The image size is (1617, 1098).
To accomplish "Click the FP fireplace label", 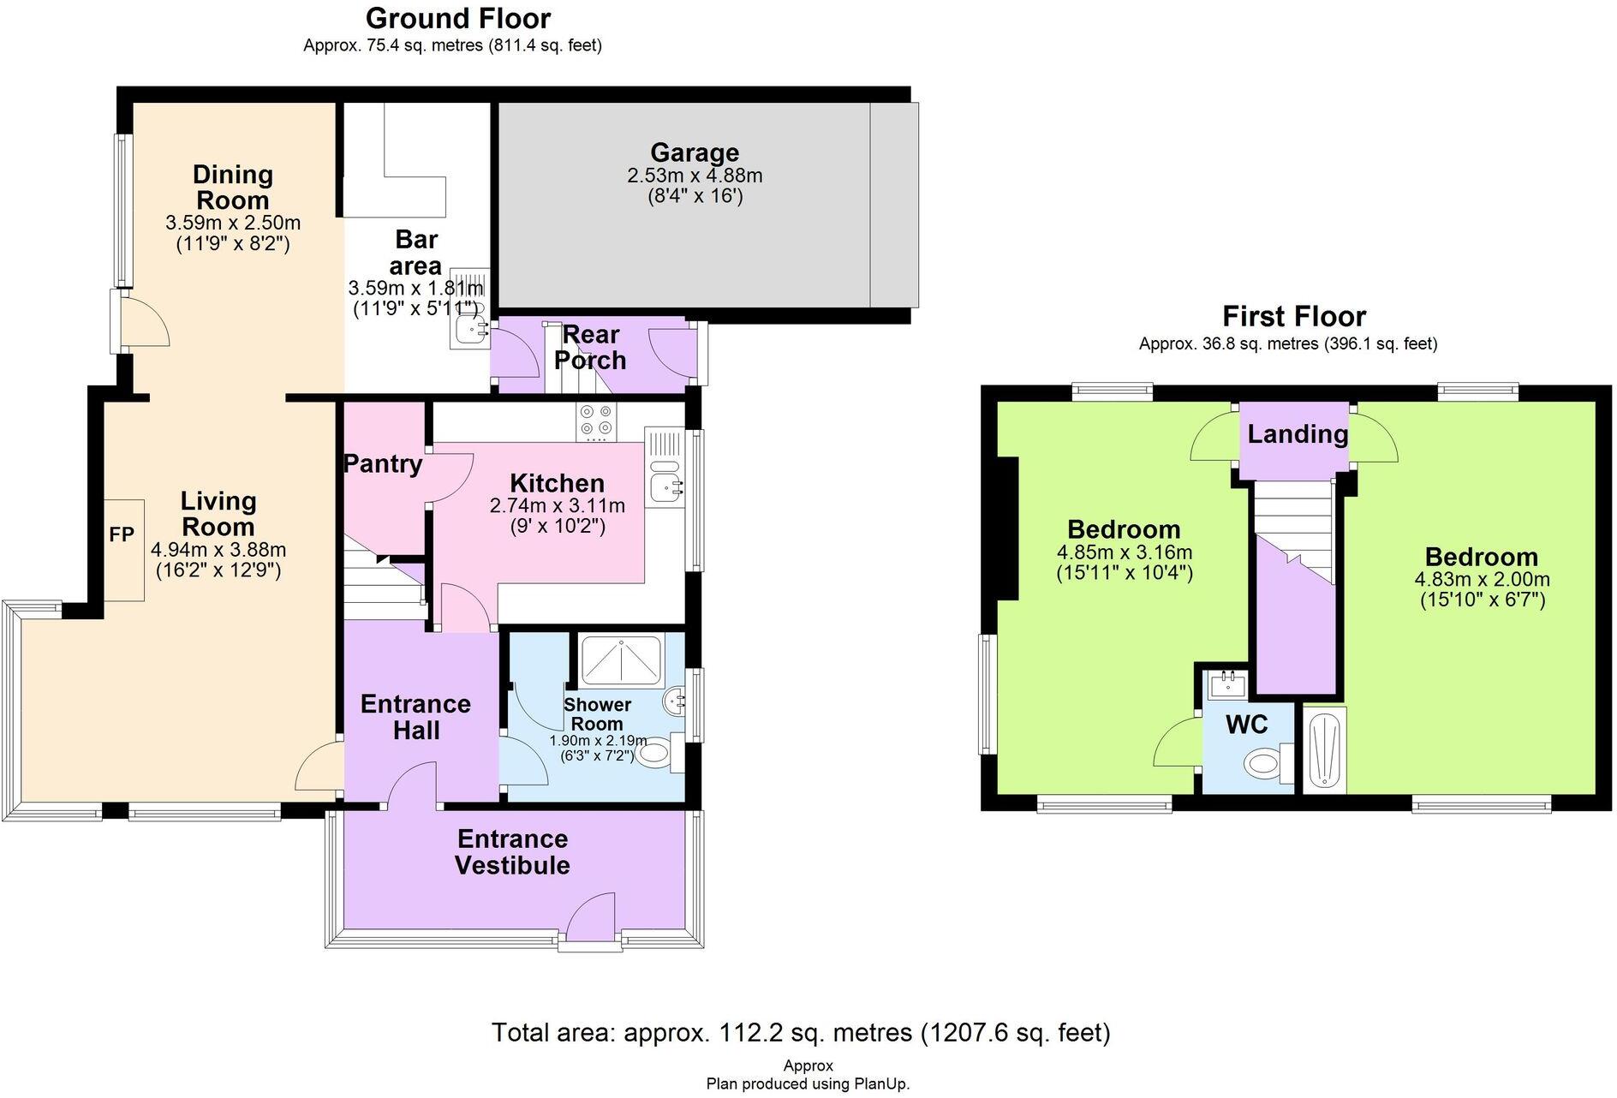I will [x=122, y=534].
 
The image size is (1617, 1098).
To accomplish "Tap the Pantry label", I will [x=383, y=463].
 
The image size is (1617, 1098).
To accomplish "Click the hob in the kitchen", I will [x=597, y=421].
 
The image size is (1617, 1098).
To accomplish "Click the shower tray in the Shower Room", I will [x=621, y=661].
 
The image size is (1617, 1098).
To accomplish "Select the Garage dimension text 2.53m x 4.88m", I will [x=695, y=176].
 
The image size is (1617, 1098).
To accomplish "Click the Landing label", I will [x=1297, y=434].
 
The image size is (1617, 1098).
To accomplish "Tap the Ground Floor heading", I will [x=458, y=18].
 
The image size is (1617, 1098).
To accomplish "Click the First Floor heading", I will [x=1293, y=317].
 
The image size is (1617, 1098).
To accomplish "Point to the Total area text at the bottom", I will [x=801, y=1032].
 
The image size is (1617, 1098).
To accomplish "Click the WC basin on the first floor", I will [x=1226, y=683].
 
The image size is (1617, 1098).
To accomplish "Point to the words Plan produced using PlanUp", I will [x=808, y=1083].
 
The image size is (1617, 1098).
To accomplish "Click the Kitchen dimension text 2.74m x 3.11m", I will [x=557, y=505].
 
